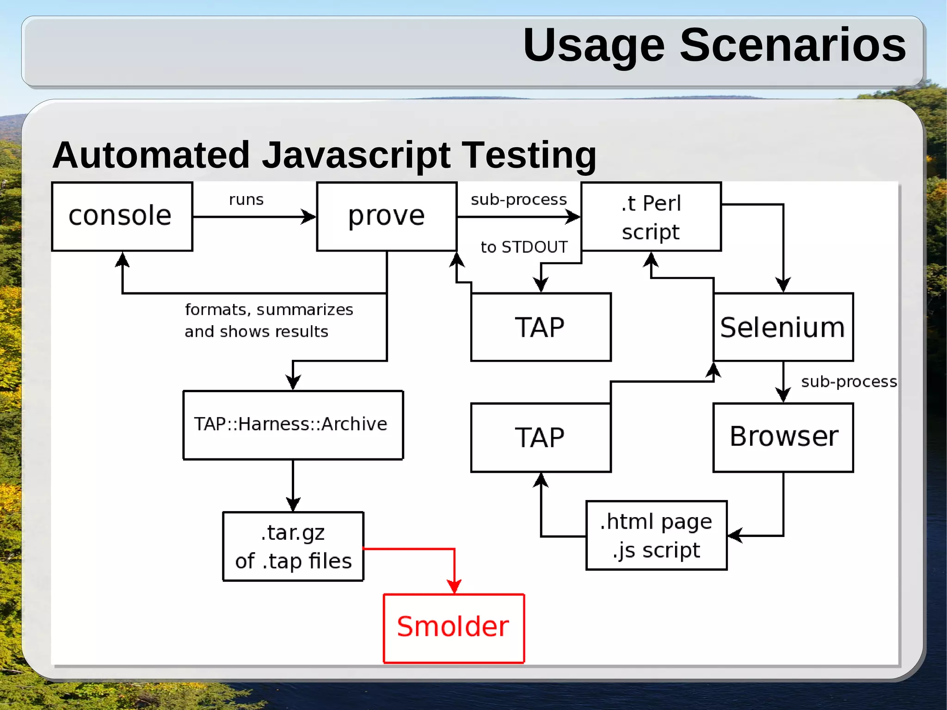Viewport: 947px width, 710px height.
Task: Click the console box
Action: point(122,216)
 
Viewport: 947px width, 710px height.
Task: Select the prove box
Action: point(387,216)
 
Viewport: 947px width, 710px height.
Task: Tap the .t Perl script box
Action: point(651,216)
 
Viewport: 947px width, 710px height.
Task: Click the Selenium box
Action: point(783,327)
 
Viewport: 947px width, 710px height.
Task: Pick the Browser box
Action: point(783,437)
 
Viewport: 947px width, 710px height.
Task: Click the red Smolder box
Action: point(454,628)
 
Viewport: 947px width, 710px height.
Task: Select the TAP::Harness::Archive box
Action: point(293,425)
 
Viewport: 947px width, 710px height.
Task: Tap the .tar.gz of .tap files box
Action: point(293,546)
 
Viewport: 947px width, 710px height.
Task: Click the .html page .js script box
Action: point(656,535)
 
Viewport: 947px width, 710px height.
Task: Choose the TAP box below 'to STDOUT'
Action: point(541,327)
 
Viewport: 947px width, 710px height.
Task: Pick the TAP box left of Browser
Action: point(541,437)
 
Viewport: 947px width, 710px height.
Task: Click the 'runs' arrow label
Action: point(246,200)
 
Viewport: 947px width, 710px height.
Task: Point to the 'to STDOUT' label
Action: point(524,247)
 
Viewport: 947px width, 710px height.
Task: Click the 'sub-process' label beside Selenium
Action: point(849,382)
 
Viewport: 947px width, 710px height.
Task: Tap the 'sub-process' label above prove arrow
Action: point(518,200)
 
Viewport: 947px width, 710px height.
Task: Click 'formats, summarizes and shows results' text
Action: point(268,320)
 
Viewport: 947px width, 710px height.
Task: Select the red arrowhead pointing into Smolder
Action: point(454,587)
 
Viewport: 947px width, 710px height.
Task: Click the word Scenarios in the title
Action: point(793,45)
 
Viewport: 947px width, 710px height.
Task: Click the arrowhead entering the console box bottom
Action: point(122,259)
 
